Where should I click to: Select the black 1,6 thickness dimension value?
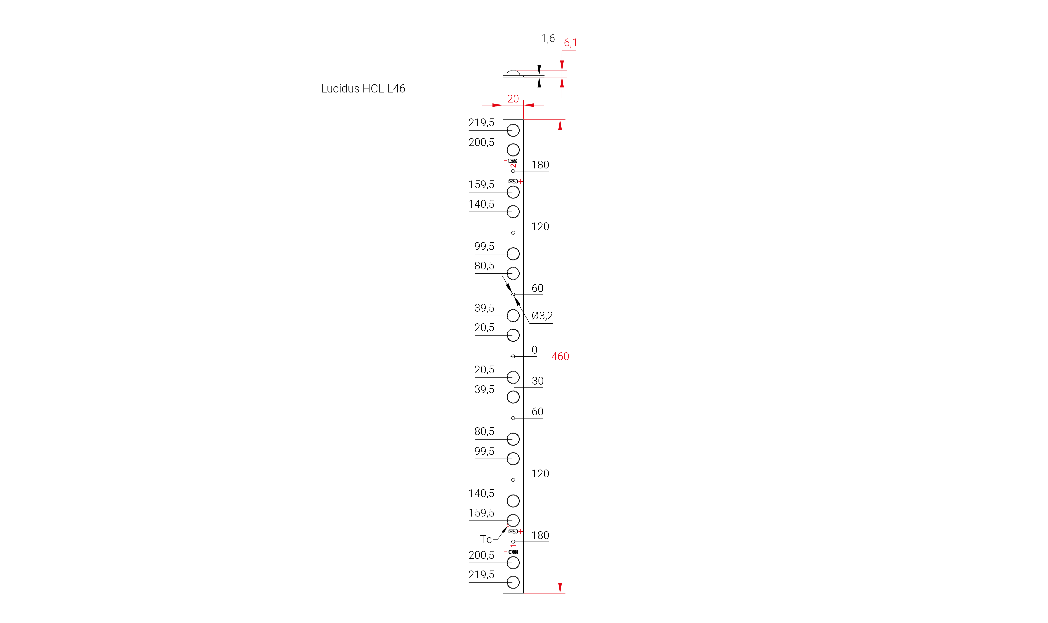point(548,39)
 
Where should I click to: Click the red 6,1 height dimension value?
point(570,43)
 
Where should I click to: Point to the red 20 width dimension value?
point(513,99)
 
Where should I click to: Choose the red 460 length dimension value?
point(560,356)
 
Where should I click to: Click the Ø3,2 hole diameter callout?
point(542,316)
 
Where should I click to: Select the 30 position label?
point(537,381)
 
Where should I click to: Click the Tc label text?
point(486,540)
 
